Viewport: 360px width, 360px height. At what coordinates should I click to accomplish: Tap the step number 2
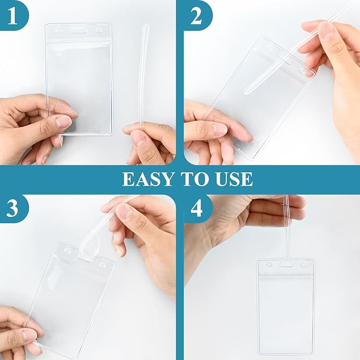pyautogui.click(x=196, y=16)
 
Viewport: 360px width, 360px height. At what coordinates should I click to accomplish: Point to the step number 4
pyautogui.click(x=197, y=209)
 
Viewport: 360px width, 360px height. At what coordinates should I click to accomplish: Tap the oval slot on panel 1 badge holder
pyautogui.click(x=78, y=31)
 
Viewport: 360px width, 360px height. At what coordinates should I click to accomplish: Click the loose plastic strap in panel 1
pyautogui.click(x=143, y=74)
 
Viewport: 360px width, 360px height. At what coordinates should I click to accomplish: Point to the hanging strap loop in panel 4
pyautogui.click(x=286, y=233)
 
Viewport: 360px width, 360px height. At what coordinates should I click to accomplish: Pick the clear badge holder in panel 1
pyautogui.click(x=80, y=80)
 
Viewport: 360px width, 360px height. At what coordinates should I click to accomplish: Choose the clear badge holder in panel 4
pyautogui.click(x=286, y=308)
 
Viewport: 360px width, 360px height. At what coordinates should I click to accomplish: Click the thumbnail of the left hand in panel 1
pyautogui.click(x=64, y=122)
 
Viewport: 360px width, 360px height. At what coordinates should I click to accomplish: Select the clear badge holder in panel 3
pyautogui.click(x=72, y=297)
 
